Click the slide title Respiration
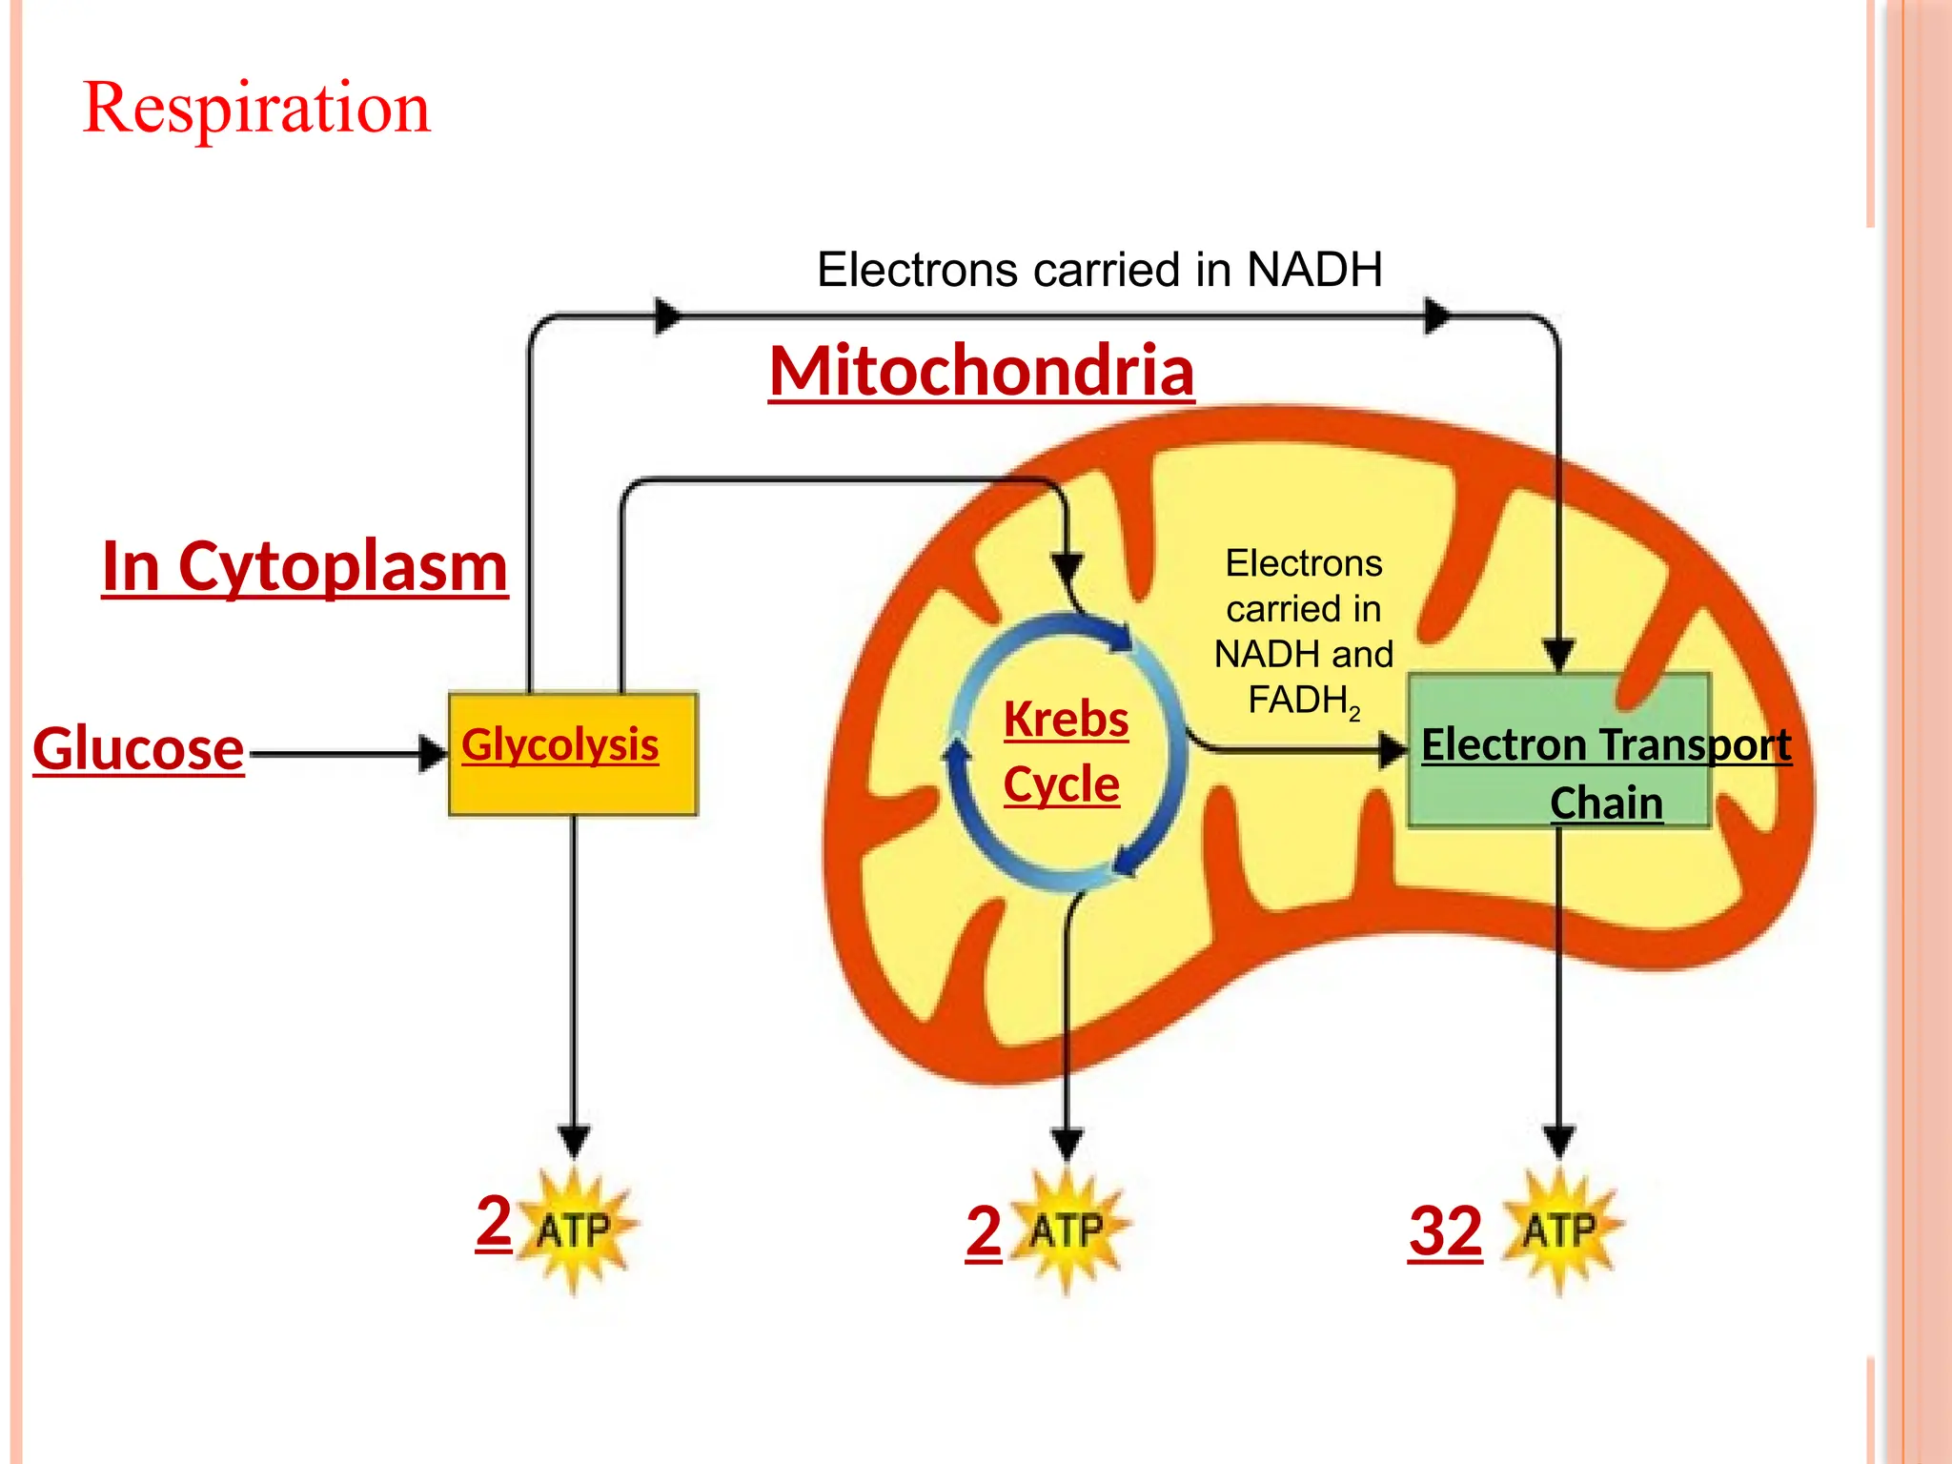257,108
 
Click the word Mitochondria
981,371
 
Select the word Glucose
139,749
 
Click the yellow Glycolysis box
573,754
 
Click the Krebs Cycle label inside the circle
1065,751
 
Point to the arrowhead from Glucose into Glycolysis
434,753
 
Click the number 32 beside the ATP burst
1445,1231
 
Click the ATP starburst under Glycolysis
574,1230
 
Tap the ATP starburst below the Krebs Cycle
1067,1230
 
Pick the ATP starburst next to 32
1559,1230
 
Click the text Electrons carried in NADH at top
1099,270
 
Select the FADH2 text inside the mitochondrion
1303,701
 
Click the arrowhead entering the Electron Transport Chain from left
1393,751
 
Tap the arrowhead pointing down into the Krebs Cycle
1067,566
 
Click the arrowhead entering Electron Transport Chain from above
1558,655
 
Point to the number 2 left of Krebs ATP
984,1231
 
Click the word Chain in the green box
1606,803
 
